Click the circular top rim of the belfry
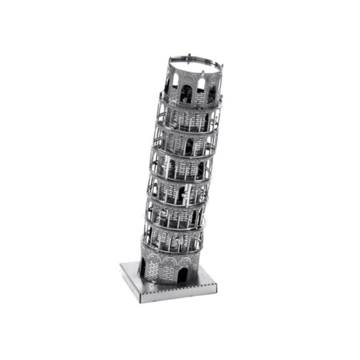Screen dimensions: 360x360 (x=195, y=61)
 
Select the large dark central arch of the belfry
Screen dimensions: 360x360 (x=187, y=92)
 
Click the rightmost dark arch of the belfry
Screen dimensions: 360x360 (x=211, y=94)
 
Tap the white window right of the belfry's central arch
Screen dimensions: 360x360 (x=200, y=84)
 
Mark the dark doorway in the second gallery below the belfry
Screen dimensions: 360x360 (x=188, y=146)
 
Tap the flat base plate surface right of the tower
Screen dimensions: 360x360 (x=204, y=279)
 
